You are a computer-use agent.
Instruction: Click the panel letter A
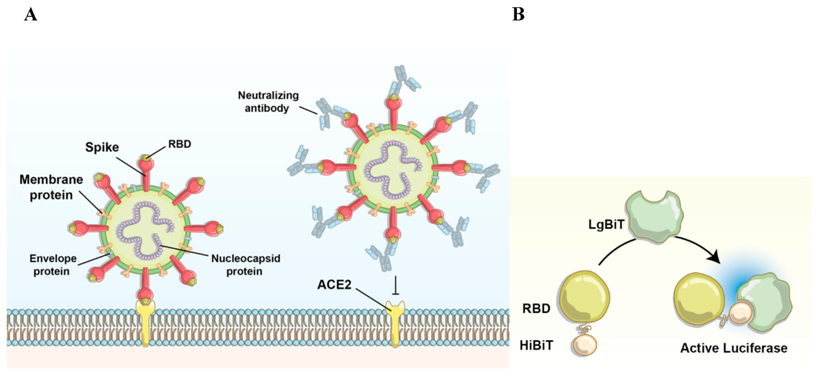31,15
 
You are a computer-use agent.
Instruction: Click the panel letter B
518,15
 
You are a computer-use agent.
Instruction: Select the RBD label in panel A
180,144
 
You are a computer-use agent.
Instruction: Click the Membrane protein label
51,187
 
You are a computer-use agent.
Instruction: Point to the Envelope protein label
53,265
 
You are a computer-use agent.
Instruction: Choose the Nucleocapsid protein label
245,265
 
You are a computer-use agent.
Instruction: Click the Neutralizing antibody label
268,102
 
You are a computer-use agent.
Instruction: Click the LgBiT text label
606,225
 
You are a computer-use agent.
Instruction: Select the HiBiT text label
536,345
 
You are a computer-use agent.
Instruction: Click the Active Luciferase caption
734,348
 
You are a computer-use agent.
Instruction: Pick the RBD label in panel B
536,309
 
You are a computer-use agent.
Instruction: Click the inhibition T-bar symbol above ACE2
395,286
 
